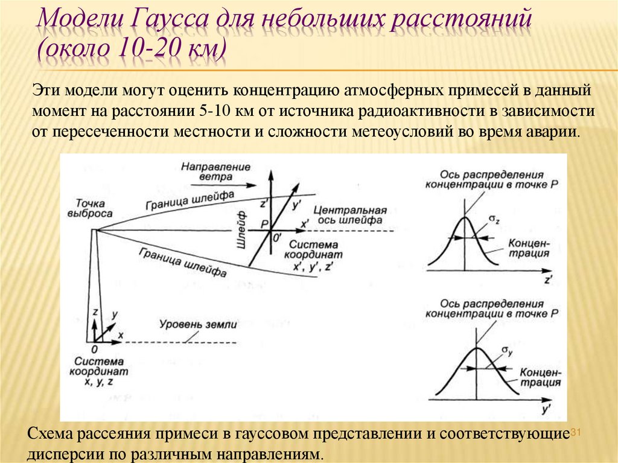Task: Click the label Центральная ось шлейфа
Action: [349, 216]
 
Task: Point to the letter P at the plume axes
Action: [264, 225]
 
